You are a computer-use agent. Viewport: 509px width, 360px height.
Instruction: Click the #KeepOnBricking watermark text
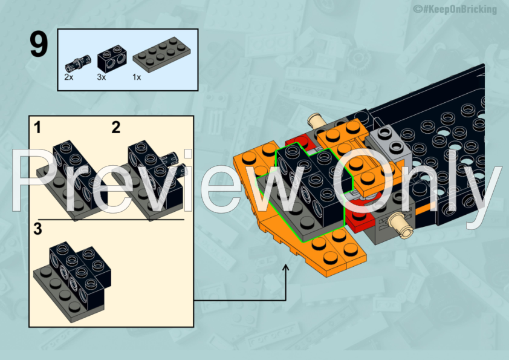(455, 9)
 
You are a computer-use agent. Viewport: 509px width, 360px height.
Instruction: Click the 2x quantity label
(68, 77)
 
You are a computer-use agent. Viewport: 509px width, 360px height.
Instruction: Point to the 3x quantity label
(102, 77)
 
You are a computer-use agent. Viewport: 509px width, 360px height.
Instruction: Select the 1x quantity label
(137, 77)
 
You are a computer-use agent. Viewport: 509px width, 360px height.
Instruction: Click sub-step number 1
(37, 127)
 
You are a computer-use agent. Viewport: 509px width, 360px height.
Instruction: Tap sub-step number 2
(115, 127)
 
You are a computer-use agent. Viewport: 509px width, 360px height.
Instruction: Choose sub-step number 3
(37, 229)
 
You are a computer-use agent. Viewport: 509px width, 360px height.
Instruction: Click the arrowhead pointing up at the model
(286, 266)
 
